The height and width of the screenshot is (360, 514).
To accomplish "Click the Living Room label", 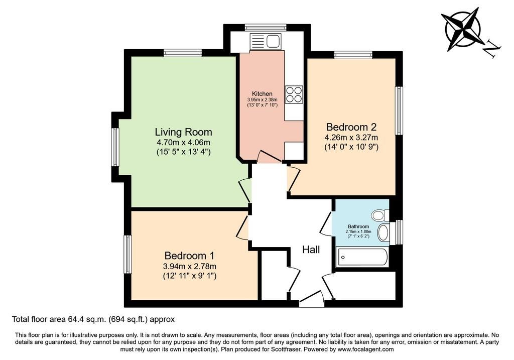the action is [183, 132].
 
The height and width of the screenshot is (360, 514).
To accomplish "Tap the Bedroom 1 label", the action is [189, 256].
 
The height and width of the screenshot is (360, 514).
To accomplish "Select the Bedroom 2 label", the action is [351, 127].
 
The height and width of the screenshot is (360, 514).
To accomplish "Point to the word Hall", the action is [311, 250].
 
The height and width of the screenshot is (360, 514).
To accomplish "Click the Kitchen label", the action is [262, 94].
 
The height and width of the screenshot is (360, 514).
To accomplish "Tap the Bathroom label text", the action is [358, 226].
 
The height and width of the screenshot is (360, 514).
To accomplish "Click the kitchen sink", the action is [266, 42].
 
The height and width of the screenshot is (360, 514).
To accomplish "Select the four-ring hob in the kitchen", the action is [294, 94].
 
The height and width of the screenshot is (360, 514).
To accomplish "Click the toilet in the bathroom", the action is [380, 215].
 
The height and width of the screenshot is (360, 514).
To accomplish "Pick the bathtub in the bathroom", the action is [362, 258].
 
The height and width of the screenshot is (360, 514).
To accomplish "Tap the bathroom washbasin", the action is [383, 233].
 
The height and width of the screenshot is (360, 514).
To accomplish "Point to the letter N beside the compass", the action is [492, 49].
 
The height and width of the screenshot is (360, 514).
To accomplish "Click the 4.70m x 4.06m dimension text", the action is [183, 143].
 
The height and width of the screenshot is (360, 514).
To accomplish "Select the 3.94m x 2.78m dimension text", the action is [189, 266].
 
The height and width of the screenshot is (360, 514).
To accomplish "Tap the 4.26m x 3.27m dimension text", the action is [351, 138].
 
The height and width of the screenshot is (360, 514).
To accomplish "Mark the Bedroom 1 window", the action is [127, 254].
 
